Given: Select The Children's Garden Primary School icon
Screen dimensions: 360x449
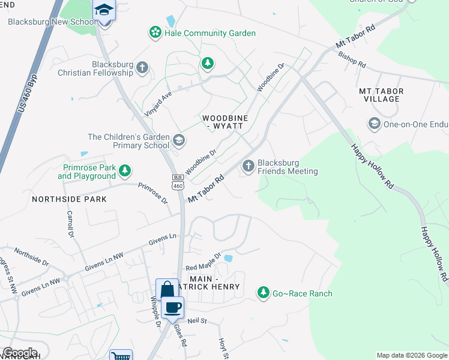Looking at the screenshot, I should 178,140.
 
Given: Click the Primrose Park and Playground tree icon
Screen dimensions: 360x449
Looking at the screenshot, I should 125,172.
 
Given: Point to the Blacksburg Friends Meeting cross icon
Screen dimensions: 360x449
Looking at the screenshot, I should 248,166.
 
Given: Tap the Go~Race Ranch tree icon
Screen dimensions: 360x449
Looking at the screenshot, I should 263,293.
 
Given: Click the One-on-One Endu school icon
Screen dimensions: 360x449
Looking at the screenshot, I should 374,124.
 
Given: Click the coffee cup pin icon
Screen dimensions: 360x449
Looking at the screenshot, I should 173,308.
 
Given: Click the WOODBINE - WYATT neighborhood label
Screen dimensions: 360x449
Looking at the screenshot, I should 222,122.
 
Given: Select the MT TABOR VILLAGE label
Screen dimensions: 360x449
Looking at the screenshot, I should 381,95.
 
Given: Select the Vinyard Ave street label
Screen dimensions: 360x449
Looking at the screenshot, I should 158,104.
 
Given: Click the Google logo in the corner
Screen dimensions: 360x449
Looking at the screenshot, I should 20,353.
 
